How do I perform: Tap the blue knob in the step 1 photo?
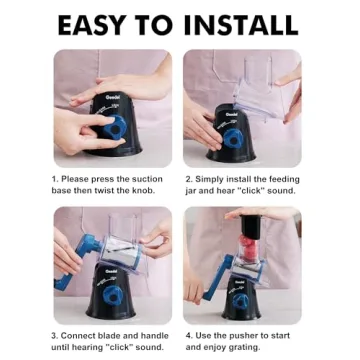point(115,127)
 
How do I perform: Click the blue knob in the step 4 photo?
point(240,301)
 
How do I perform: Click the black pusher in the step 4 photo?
point(252,226)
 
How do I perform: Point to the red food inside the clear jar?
point(248,247)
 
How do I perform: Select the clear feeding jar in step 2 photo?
point(260,92)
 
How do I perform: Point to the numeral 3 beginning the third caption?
point(54,336)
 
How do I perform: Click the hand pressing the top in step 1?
point(122,87)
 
